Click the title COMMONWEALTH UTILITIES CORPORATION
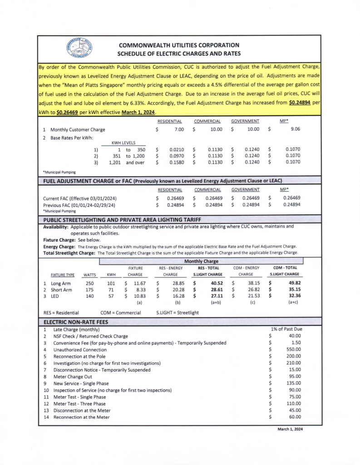tap(178, 45)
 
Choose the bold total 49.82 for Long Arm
tap(293, 283)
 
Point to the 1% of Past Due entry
tap(286, 329)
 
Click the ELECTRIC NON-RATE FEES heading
tap(76, 322)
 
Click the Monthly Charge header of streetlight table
tap(201, 262)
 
